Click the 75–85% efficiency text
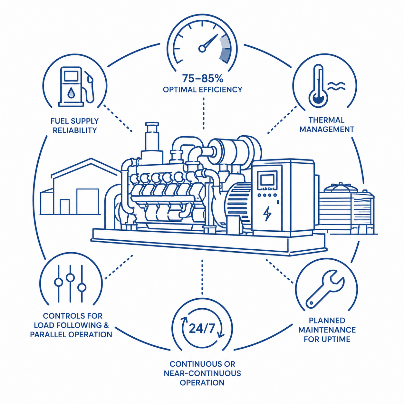coord(203,78)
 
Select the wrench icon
coord(325,289)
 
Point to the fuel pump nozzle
coord(90,78)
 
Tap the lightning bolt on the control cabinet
coord(267,214)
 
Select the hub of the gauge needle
coord(202,49)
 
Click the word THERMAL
coord(326,120)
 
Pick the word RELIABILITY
coord(75,130)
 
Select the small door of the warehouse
coord(64,207)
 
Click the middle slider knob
coord(70,277)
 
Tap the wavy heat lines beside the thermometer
coord(336,86)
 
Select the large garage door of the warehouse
coord(87,201)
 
